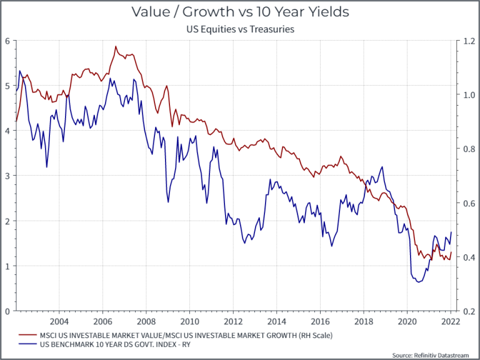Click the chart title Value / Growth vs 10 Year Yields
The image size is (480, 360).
coord(240,12)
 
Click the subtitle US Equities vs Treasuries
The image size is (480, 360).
coord(240,29)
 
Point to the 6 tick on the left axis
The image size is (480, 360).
coord(8,41)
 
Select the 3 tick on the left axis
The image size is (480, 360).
coord(8,176)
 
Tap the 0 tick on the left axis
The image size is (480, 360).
coord(8,311)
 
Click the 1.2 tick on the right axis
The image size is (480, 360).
coord(466,41)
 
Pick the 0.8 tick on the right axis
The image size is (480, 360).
coord(466,149)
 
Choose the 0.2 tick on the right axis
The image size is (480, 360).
coord(466,311)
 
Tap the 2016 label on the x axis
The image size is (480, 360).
coord(319,321)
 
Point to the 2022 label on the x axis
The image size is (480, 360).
coord(450,321)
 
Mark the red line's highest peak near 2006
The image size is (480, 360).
coord(116,46)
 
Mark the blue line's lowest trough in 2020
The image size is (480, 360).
coord(417,282)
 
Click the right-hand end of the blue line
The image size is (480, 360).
coord(451,232)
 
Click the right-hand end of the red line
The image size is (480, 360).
coord(451,252)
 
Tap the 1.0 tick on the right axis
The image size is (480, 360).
coord(466,95)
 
